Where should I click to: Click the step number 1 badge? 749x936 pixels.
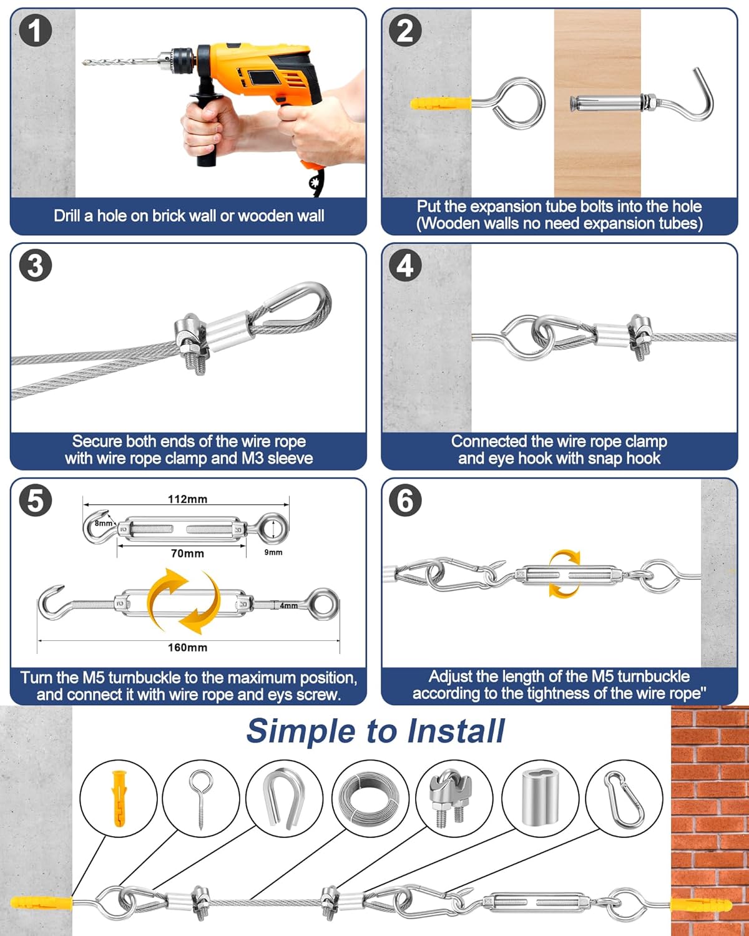click(35, 31)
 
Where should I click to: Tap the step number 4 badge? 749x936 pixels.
click(405, 266)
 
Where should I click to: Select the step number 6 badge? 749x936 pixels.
click(405, 500)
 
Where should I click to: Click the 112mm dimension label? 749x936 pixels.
click(187, 499)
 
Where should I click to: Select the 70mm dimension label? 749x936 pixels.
click(187, 553)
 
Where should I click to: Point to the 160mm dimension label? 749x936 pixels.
click(187, 648)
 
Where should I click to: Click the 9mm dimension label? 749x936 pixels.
click(273, 552)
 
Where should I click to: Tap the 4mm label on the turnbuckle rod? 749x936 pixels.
click(288, 606)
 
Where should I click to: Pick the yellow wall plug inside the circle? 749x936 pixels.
click(119, 798)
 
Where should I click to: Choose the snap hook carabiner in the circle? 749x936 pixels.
click(624, 799)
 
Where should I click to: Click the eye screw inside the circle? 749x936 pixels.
click(201, 798)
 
